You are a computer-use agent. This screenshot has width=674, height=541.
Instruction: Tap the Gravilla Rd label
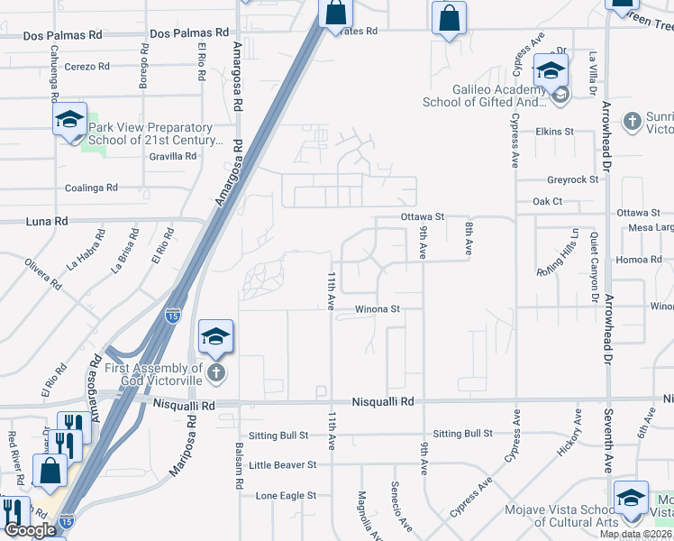click(172, 156)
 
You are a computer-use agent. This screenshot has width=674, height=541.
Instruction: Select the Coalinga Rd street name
click(91, 188)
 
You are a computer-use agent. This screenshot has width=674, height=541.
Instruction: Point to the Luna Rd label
click(49, 220)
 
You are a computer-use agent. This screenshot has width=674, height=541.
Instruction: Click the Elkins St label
click(554, 132)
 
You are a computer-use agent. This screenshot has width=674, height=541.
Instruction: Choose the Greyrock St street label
click(572, 179)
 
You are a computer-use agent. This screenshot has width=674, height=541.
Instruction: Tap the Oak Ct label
click(547, 201)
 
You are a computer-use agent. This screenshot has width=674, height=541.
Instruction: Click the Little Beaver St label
click(283, 464)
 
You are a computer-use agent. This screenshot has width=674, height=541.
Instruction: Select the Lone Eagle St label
click(286, 495)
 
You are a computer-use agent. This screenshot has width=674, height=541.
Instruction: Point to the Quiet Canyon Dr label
click(594, 264)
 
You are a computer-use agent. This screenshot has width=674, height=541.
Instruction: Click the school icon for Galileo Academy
click(551, 70)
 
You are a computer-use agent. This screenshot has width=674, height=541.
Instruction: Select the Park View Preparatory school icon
click(68, 119)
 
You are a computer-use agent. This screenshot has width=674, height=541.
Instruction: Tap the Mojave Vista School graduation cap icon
click(631, 498)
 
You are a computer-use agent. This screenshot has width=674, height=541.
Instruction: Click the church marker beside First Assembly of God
click(215, 372)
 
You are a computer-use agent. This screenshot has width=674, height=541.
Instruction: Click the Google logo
click(30, 530)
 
